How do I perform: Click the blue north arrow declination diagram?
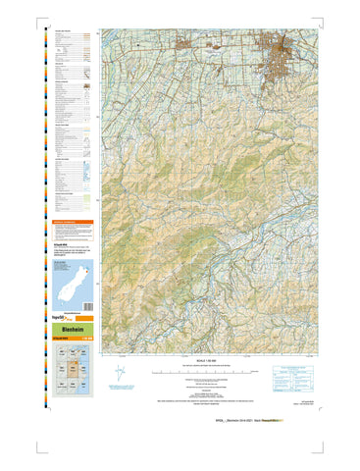pyautogui.click(x=121, y=375)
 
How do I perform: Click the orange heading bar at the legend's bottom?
pyautogui.click(x=73, y=223)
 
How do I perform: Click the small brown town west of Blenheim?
pyautogui.click(x=187, y=43)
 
